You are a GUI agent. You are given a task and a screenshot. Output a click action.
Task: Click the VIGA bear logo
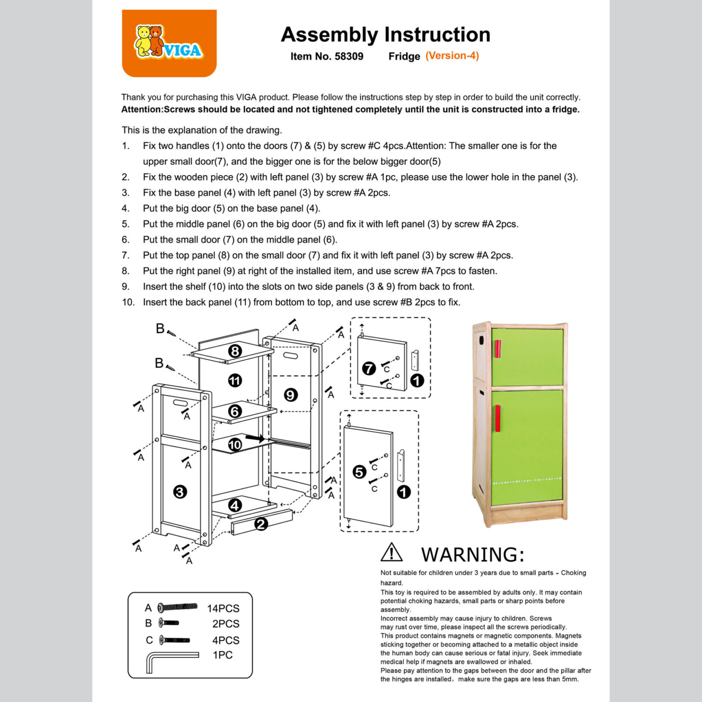click(168, 43)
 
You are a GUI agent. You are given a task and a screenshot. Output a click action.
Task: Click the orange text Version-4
click(452, 56)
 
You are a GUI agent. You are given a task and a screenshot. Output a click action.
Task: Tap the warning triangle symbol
click(391, 552)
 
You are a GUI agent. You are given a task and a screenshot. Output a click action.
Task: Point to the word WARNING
click(473, 555)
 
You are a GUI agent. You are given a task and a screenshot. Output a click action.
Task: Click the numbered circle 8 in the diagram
click(235, 351)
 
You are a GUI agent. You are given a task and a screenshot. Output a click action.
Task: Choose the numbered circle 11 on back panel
click(235, 380)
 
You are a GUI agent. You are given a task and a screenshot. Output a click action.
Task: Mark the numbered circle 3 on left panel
click(179, 492)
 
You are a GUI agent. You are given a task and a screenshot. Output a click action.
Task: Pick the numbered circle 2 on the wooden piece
click(261, 524)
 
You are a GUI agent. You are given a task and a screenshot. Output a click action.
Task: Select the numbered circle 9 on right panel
click(290, 395)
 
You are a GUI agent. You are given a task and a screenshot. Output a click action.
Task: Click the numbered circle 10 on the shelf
click(235, 444)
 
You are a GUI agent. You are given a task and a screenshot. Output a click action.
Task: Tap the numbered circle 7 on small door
click(369, 368)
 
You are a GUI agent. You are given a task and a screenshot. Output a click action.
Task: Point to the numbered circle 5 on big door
click(359, 472)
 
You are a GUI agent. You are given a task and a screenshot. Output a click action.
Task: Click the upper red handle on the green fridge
click(498, 349)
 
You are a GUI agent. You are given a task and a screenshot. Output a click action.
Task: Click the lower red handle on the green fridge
click(498, 418)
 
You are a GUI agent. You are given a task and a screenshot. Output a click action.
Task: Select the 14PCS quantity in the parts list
click(223, 609)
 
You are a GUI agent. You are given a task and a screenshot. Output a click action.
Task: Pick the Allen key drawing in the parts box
click(171, 660)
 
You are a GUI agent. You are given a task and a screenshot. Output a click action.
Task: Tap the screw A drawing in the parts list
click(178, 607)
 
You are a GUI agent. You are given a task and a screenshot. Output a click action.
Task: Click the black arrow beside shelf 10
click(255, 438)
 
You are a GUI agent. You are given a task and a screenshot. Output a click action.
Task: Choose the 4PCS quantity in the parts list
click(226, 640)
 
